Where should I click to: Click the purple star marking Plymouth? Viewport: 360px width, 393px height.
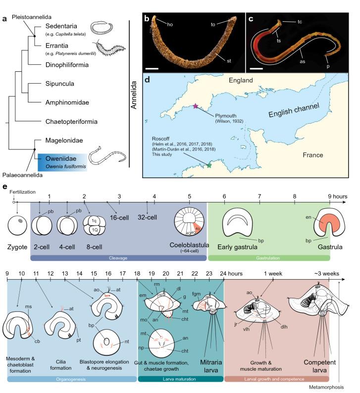196,106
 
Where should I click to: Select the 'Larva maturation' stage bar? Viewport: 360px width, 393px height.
180,379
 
